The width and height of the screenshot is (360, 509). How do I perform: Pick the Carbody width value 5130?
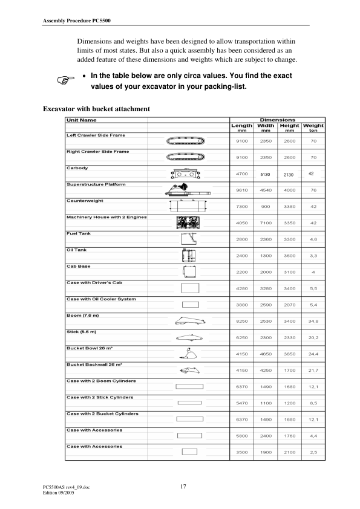(x=265, y=174)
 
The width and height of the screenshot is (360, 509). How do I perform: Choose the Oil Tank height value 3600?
(x=289, y=256)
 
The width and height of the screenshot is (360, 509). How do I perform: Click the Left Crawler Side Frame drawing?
(x=185, y=141)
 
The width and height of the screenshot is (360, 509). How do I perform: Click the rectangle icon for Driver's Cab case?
(x=189, y=287)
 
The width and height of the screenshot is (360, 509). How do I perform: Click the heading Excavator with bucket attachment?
(x=97, y=109)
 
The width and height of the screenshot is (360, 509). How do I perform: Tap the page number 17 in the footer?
(x=183, y=486)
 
